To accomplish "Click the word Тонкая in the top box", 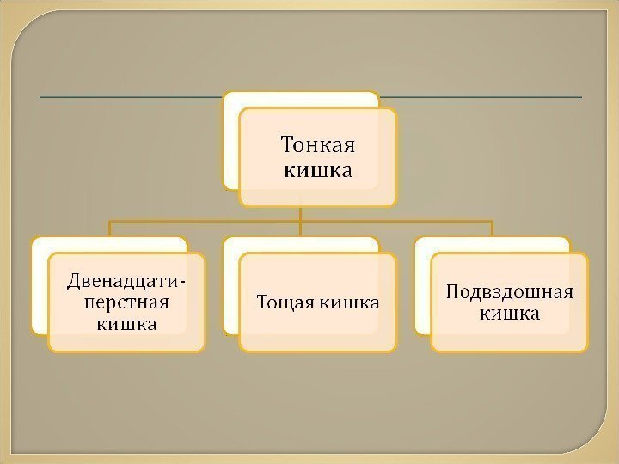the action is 319,143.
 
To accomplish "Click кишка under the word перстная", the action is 127,324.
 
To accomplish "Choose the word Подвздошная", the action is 510,290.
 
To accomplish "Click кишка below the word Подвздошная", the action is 510,314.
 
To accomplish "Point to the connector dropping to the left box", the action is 109,229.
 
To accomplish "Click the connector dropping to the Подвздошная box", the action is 492,229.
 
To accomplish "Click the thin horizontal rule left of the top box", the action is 129,96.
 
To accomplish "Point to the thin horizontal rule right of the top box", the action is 481,96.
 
